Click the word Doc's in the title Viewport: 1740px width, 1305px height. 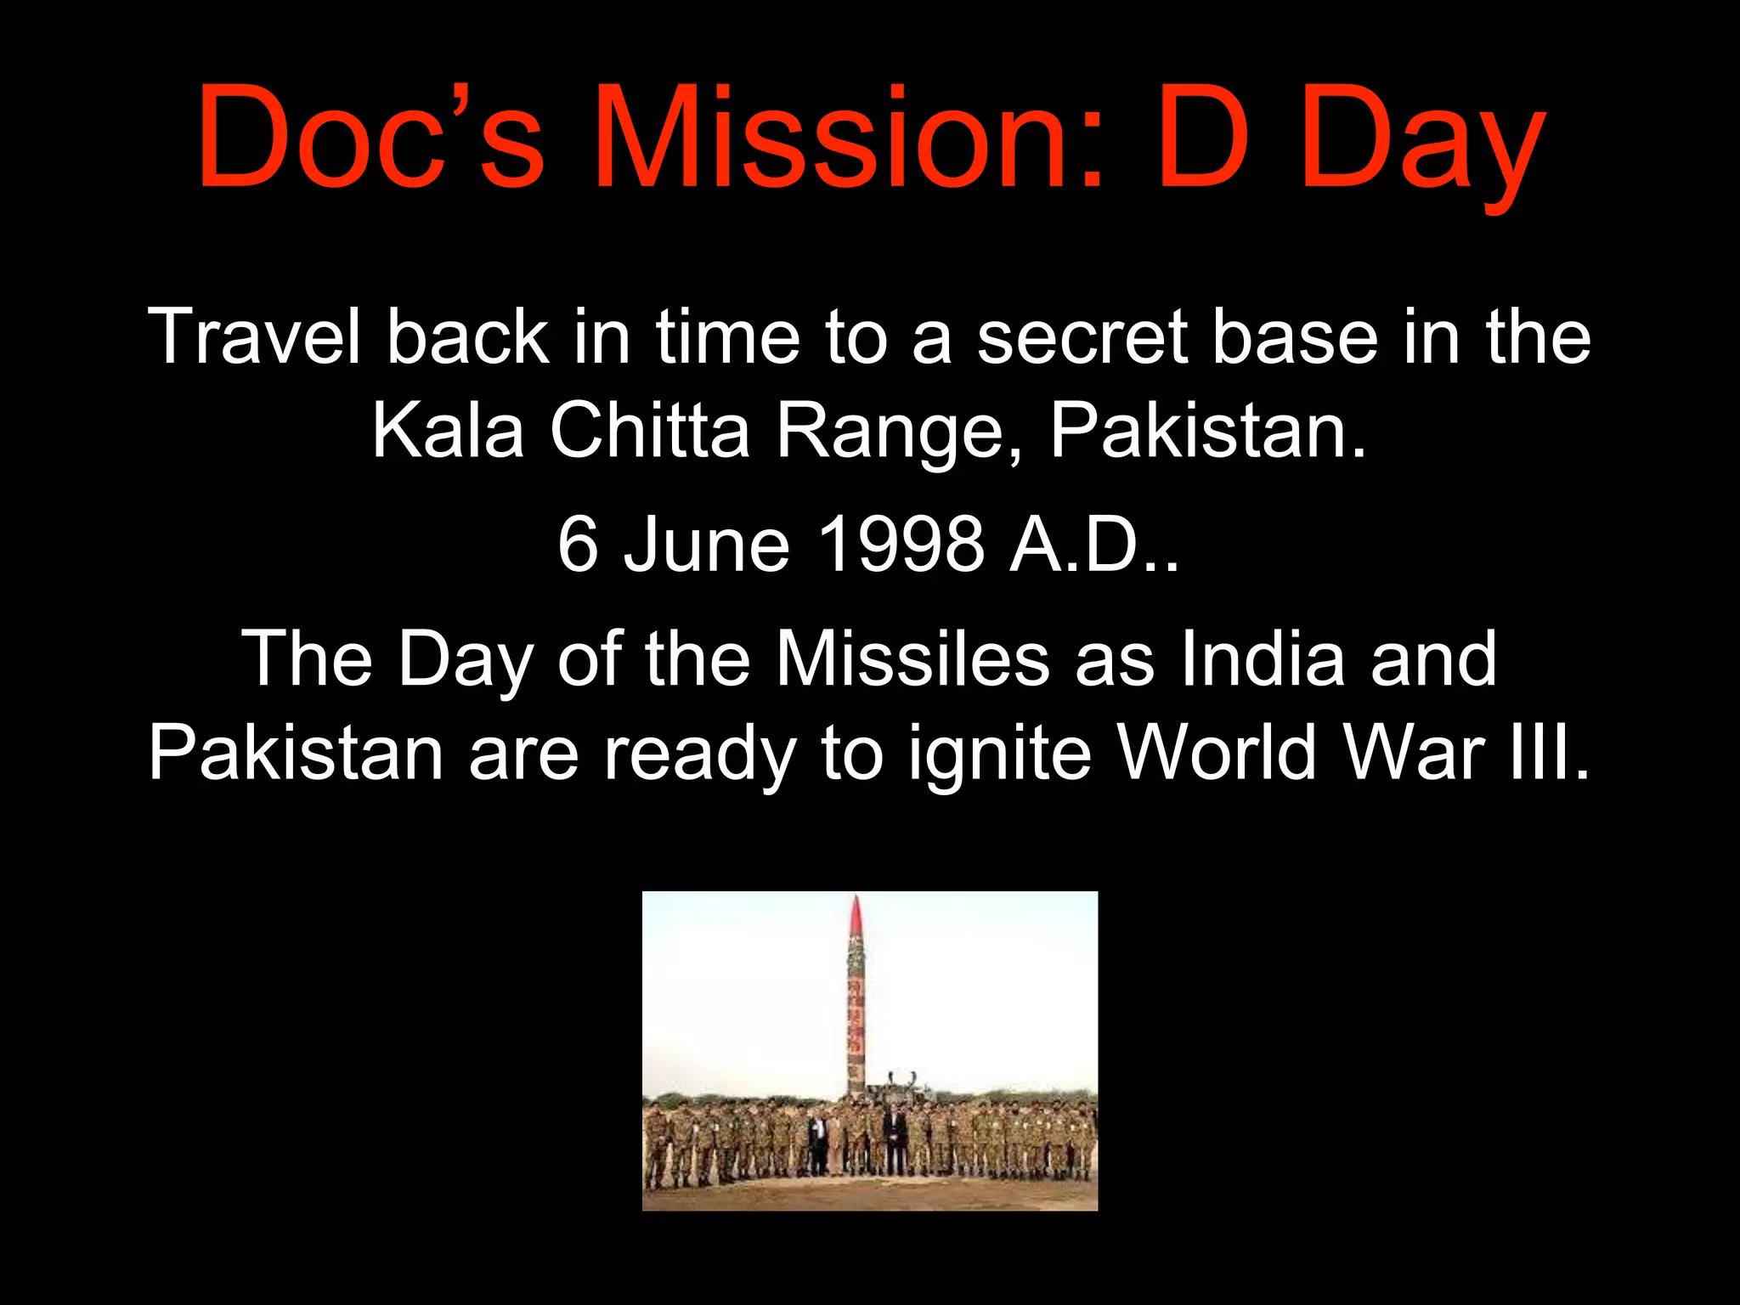[370, 136]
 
